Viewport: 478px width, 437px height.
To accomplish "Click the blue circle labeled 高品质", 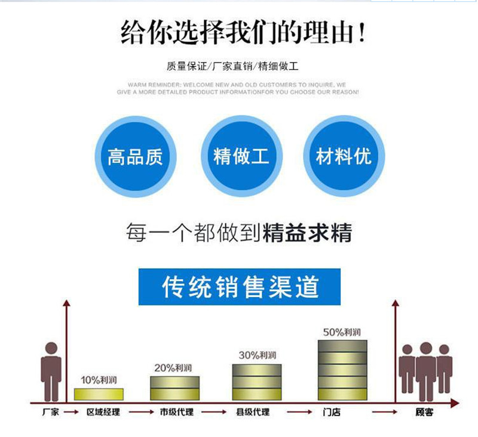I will point(135,157).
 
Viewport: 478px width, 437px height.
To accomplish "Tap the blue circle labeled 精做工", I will point(241,157).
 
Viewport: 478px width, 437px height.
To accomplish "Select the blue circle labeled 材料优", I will point(344,157).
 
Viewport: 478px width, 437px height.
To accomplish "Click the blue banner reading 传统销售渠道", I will point(240,287).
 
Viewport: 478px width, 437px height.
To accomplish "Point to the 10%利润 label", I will point(99,380).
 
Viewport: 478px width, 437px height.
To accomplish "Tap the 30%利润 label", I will point(257,355).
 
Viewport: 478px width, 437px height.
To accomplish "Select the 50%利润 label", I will point(342,332).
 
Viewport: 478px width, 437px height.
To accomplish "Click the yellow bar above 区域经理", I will point(99,394).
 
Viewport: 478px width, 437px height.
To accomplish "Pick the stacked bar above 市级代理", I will point(174,388).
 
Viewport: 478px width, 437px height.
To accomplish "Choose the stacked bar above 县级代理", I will point(257,382).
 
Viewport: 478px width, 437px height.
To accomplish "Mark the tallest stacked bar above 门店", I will point(342,370).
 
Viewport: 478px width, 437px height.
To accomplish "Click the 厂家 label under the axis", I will point(51,413).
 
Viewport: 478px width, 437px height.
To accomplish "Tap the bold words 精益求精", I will point(307,232).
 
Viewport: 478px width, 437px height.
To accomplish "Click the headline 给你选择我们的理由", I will point(242,33).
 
